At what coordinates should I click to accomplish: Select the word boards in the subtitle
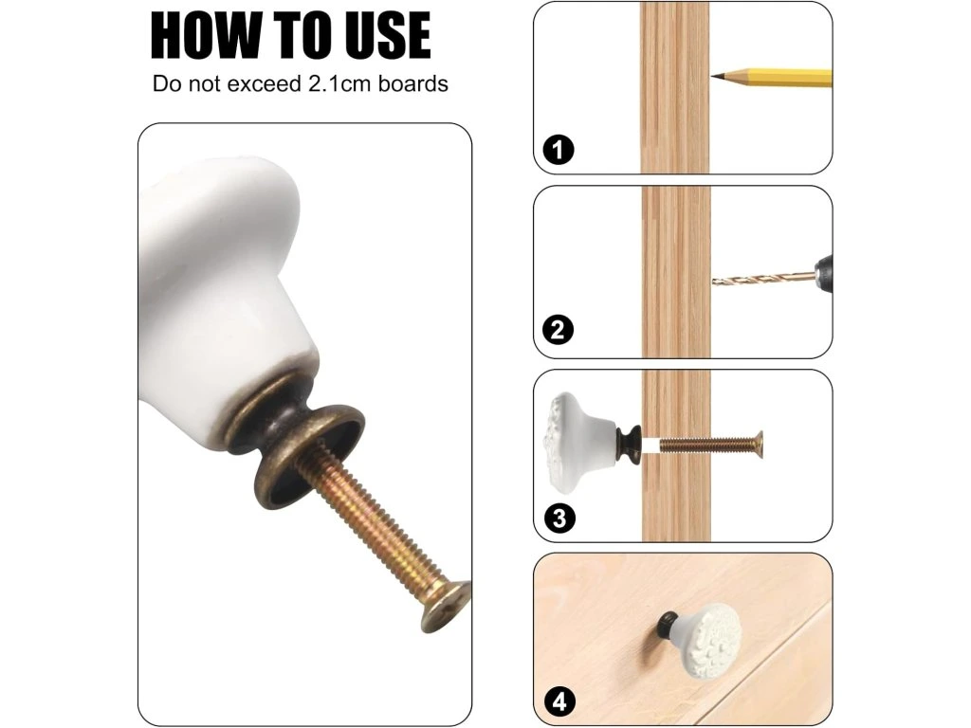coord(413,83)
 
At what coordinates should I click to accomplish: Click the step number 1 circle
coord(558,149)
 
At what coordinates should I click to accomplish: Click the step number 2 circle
coord(558,329)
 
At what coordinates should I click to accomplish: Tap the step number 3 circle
coord(559,518)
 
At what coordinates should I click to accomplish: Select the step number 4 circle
coord(559,702)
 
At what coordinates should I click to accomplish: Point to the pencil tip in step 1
coord(713,76)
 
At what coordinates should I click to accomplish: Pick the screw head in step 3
coord(758,445)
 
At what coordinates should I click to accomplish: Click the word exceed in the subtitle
coord(264,83)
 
